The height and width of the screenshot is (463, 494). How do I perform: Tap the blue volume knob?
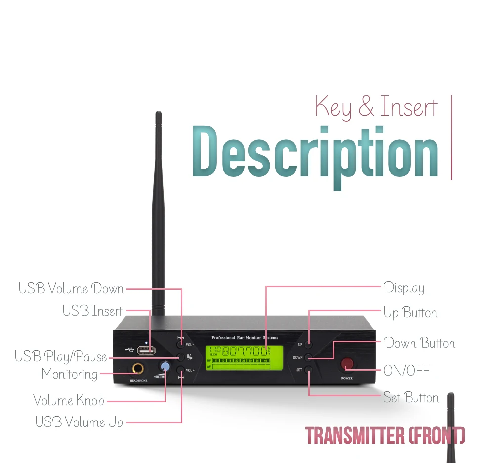[165, 367]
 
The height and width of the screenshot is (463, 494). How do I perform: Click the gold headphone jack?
[137, 368]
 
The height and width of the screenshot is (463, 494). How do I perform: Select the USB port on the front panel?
[146, 350]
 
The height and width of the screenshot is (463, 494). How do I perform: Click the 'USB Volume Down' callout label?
[71, 288]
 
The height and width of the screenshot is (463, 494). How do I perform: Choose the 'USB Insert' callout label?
[92, 311]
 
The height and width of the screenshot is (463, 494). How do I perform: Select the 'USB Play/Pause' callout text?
[61, 356]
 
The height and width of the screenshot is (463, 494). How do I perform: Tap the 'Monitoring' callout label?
[70, 374]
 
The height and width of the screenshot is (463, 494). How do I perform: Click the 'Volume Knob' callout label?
[69, 400]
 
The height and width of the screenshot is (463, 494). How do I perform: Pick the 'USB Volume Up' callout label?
[79, 422]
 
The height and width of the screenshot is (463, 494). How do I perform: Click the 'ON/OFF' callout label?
[406, 370]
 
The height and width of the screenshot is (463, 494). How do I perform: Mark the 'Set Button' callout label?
[411, 397]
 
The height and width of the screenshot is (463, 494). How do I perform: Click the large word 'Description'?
[315, 153]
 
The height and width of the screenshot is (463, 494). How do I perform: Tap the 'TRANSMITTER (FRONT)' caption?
[385, 435]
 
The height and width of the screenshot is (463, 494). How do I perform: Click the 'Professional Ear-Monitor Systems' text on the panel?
[245, 338]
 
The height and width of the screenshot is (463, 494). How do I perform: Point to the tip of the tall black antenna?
[158, 114]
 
